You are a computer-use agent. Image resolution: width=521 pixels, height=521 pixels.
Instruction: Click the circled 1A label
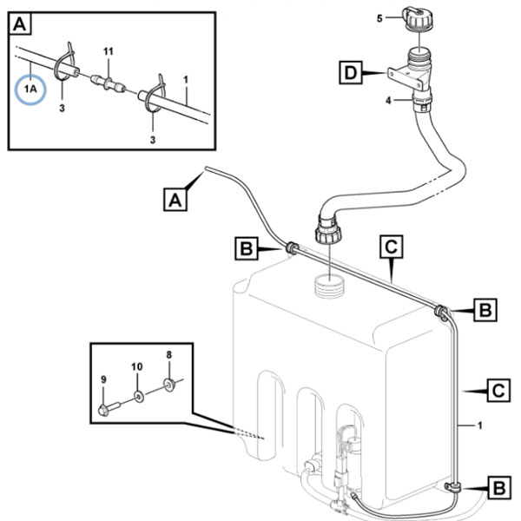30,89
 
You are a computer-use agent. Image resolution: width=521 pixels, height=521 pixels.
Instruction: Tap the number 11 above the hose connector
109,51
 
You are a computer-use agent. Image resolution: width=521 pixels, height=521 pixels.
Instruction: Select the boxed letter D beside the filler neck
351,72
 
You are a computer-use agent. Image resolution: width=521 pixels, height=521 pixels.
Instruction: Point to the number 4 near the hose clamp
388,100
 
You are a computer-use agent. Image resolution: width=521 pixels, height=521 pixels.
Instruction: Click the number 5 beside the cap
379,18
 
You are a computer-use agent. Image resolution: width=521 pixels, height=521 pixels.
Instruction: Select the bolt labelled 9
109,409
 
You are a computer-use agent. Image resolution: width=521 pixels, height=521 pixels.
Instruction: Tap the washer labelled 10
139,396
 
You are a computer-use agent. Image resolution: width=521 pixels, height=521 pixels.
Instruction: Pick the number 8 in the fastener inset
168,355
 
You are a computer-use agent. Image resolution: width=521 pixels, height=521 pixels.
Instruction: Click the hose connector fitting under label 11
109,84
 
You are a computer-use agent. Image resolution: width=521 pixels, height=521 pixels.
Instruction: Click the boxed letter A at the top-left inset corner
20,24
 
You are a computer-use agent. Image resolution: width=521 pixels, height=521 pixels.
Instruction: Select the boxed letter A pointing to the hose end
175,200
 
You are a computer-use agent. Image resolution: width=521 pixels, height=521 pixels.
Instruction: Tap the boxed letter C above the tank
392,247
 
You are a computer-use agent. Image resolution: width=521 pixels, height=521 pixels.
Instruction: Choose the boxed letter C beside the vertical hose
498,391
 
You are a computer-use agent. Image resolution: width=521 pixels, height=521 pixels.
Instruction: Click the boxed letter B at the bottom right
499,488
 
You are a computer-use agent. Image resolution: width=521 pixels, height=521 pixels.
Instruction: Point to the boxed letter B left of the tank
247,247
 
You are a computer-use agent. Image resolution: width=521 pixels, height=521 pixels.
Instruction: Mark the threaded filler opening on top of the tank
329,286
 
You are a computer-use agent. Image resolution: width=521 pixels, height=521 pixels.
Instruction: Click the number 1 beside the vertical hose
479,425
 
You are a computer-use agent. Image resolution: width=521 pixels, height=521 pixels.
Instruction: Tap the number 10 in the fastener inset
137,366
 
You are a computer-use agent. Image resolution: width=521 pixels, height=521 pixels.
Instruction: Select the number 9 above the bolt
103,379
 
